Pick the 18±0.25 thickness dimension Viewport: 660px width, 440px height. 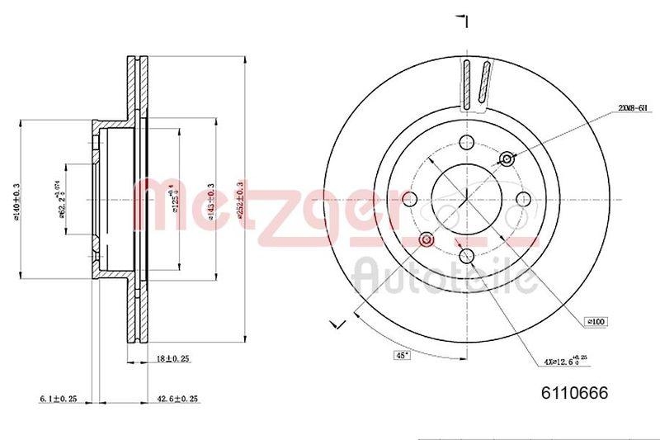pos(172,360)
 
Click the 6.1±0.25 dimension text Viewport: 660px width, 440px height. pos(57,399)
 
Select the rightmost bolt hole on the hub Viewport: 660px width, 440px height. pos(523,198)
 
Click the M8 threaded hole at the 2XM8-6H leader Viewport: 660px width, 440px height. pos(507,158)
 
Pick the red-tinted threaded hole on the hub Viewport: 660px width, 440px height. pos(426,239)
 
